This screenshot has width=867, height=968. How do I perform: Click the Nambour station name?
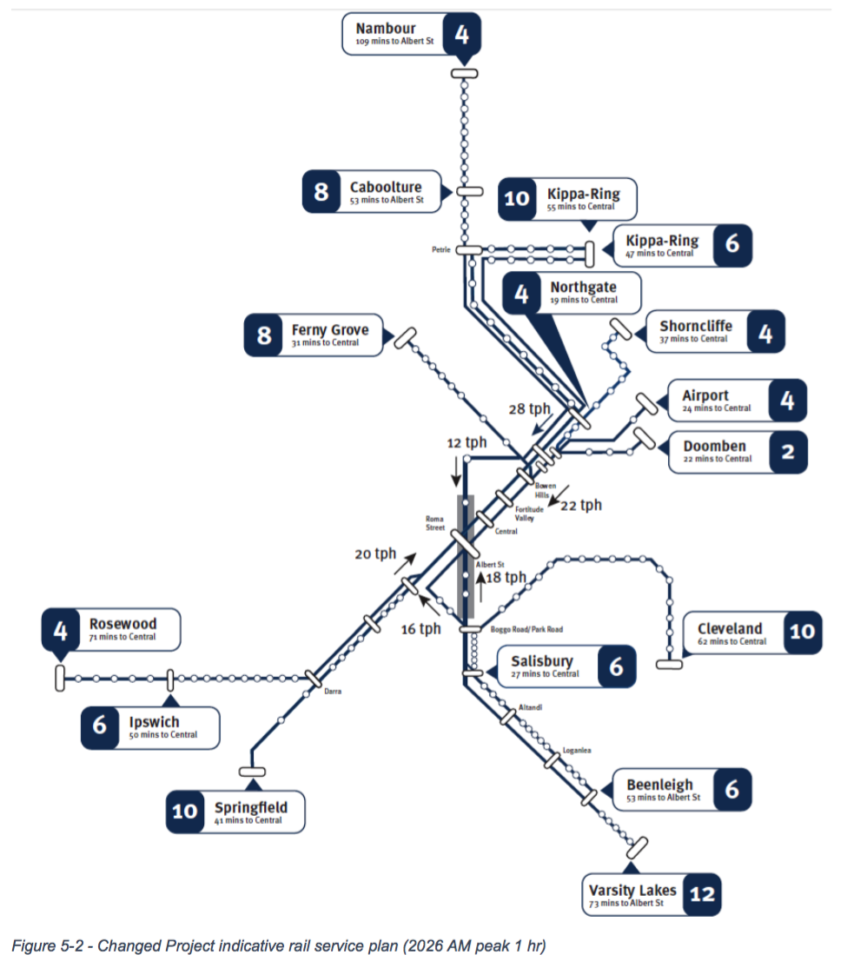point(386,29)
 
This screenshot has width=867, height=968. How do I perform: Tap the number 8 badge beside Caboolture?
point(321,191)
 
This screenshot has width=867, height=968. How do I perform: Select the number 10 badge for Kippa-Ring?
point(516,198)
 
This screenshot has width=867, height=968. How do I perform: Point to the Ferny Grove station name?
point(330,330)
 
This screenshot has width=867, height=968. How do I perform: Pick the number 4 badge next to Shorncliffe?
point(765,332)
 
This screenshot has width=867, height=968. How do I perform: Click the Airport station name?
point(705,396)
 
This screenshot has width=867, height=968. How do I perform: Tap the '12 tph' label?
point(467,442)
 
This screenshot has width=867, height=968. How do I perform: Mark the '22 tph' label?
point(580,505)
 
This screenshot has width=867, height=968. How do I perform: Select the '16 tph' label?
point(420,629)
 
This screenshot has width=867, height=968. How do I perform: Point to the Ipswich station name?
point(154,722)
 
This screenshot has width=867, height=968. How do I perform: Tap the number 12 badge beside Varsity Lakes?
point(702,893)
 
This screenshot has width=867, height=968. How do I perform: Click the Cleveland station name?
point(730,628)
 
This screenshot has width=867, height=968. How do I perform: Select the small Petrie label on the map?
point(441,249)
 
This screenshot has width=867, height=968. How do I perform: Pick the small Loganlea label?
point(576,750)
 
